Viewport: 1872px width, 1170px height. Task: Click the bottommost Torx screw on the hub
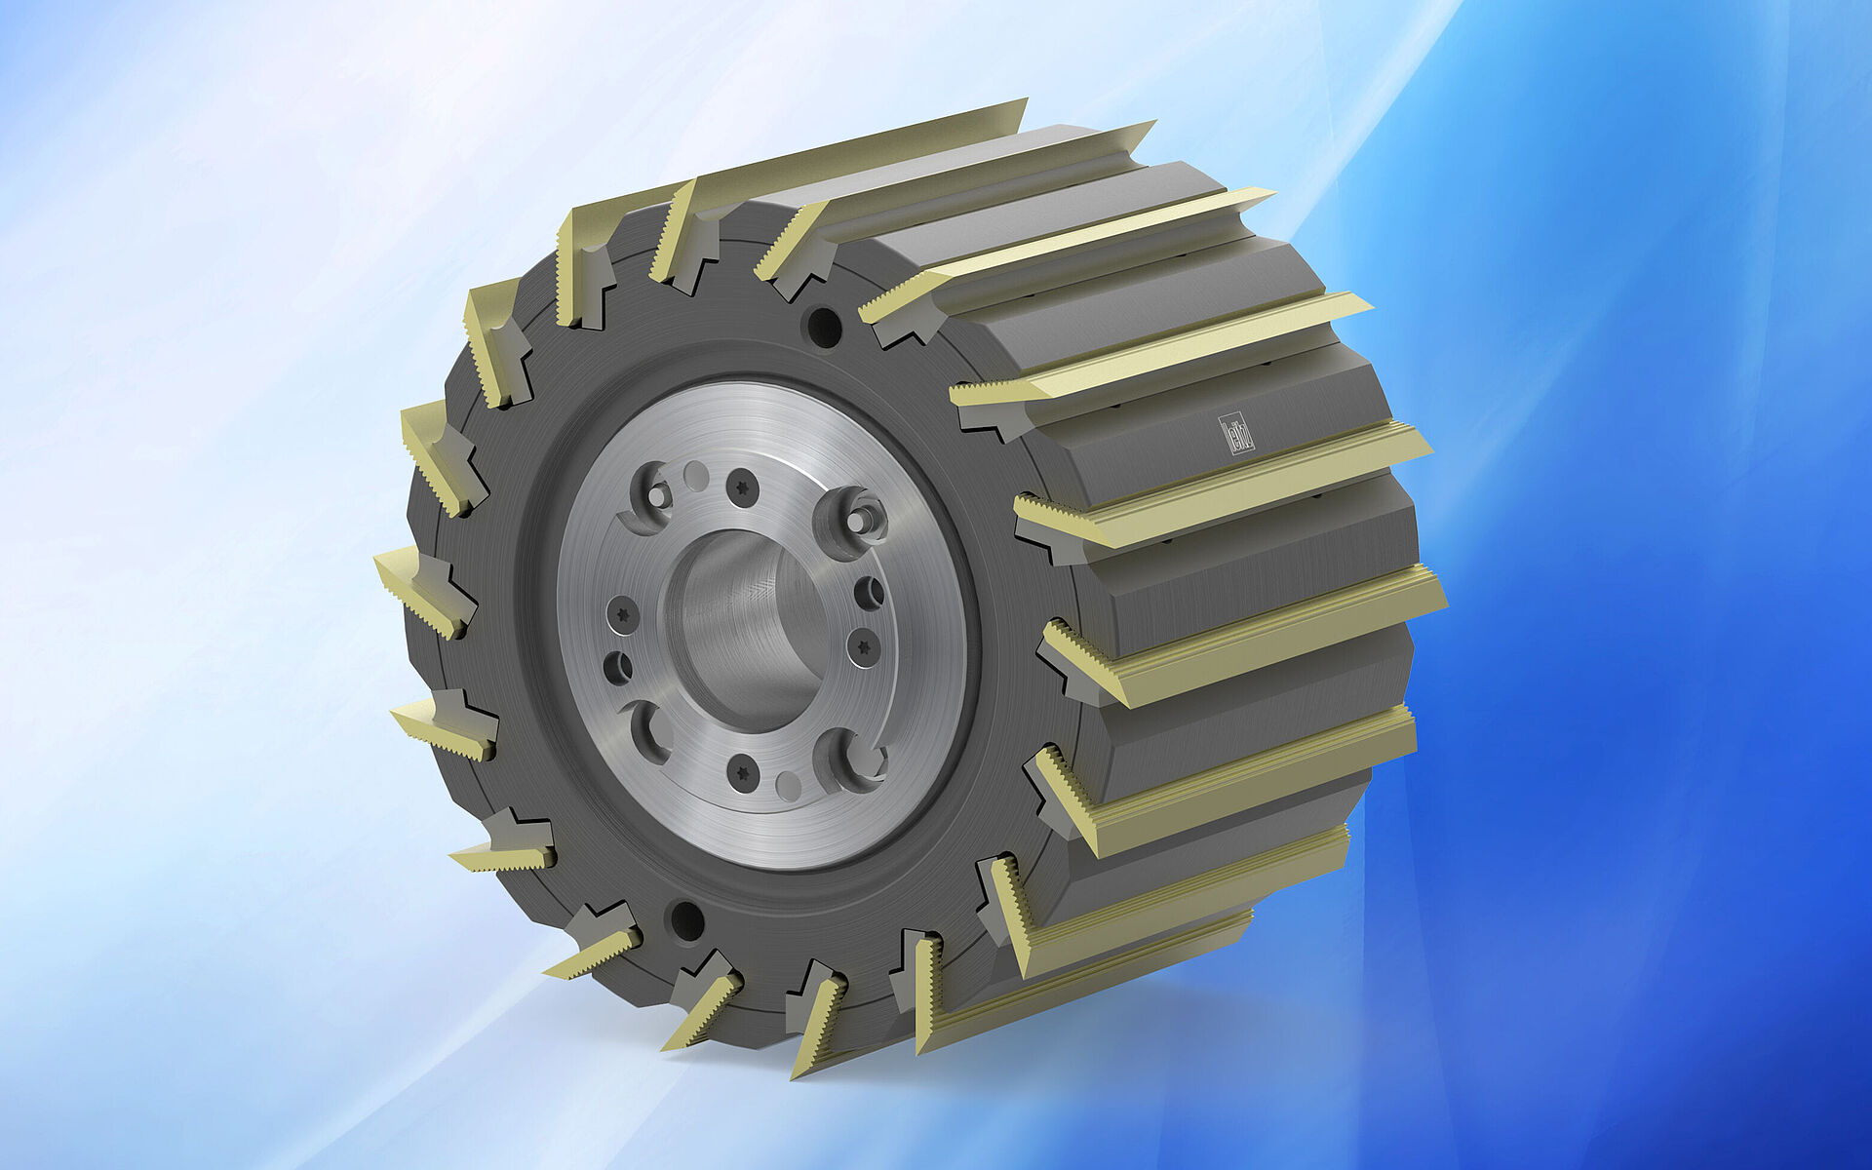[744, 771]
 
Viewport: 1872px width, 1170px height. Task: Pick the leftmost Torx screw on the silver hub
[621, 615]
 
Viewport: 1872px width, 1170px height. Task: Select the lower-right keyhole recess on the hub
[848, 759]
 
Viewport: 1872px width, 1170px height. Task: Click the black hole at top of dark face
[825, 327]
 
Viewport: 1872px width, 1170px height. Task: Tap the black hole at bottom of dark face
[685, 920]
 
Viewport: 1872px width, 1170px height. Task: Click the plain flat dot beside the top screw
[696, 477]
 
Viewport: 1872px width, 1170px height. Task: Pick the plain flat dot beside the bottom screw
[789, 784]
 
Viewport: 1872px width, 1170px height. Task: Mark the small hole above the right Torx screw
[868, 592]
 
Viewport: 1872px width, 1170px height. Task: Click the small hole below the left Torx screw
[618, 667]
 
